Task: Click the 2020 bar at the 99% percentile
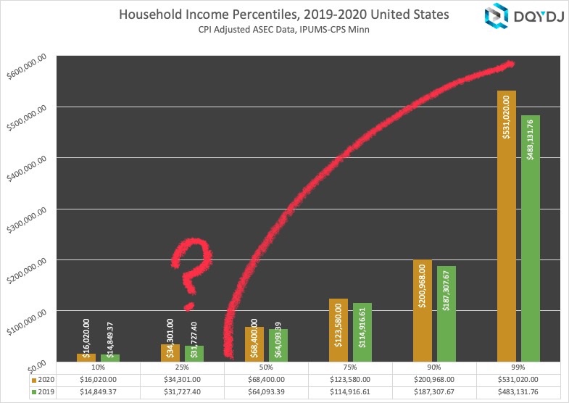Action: click(x=506, y=225)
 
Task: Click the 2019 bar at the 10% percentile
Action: click(x=109, y=357)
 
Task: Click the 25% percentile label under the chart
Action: click(x=183, y=367)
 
